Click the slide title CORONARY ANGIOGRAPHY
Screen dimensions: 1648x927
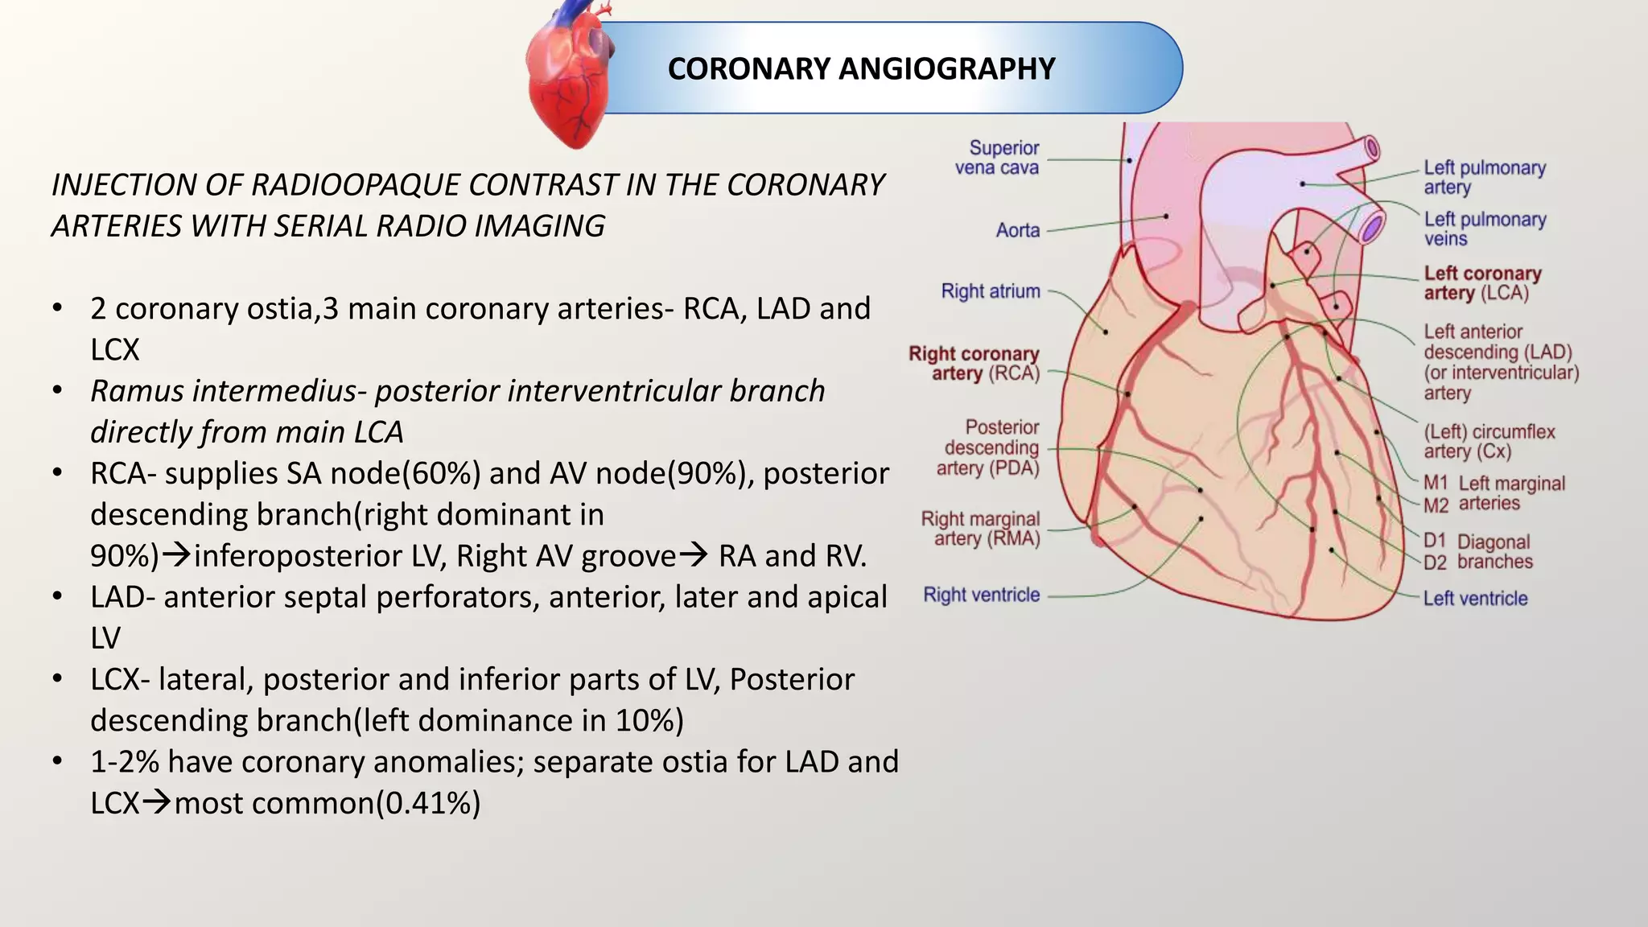[x=861, y=69]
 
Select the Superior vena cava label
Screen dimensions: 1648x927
[x=997, y=158]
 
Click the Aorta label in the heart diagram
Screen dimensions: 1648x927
[x=1018, y=230]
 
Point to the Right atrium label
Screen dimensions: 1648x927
[x=991, y=290]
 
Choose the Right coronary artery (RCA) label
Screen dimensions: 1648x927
[x=974, y=364]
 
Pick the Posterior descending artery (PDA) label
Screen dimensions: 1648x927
[x=988, y=447]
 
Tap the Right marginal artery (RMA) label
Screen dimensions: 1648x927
[x=981, y=529]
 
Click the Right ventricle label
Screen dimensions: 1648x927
[x=982, y=595]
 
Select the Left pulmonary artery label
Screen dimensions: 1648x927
[x=1485, y=177]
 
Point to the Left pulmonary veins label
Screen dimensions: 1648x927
[x=1485, y=229]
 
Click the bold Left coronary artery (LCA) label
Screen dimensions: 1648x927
[x=1482, y=283]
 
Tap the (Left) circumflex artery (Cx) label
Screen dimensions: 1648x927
[x=1489, y=441]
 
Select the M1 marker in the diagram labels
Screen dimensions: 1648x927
[x=1436, y=483]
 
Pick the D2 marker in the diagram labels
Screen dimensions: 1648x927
[x=1435, y=562]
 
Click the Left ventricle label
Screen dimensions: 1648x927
[x=1475, y=599]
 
